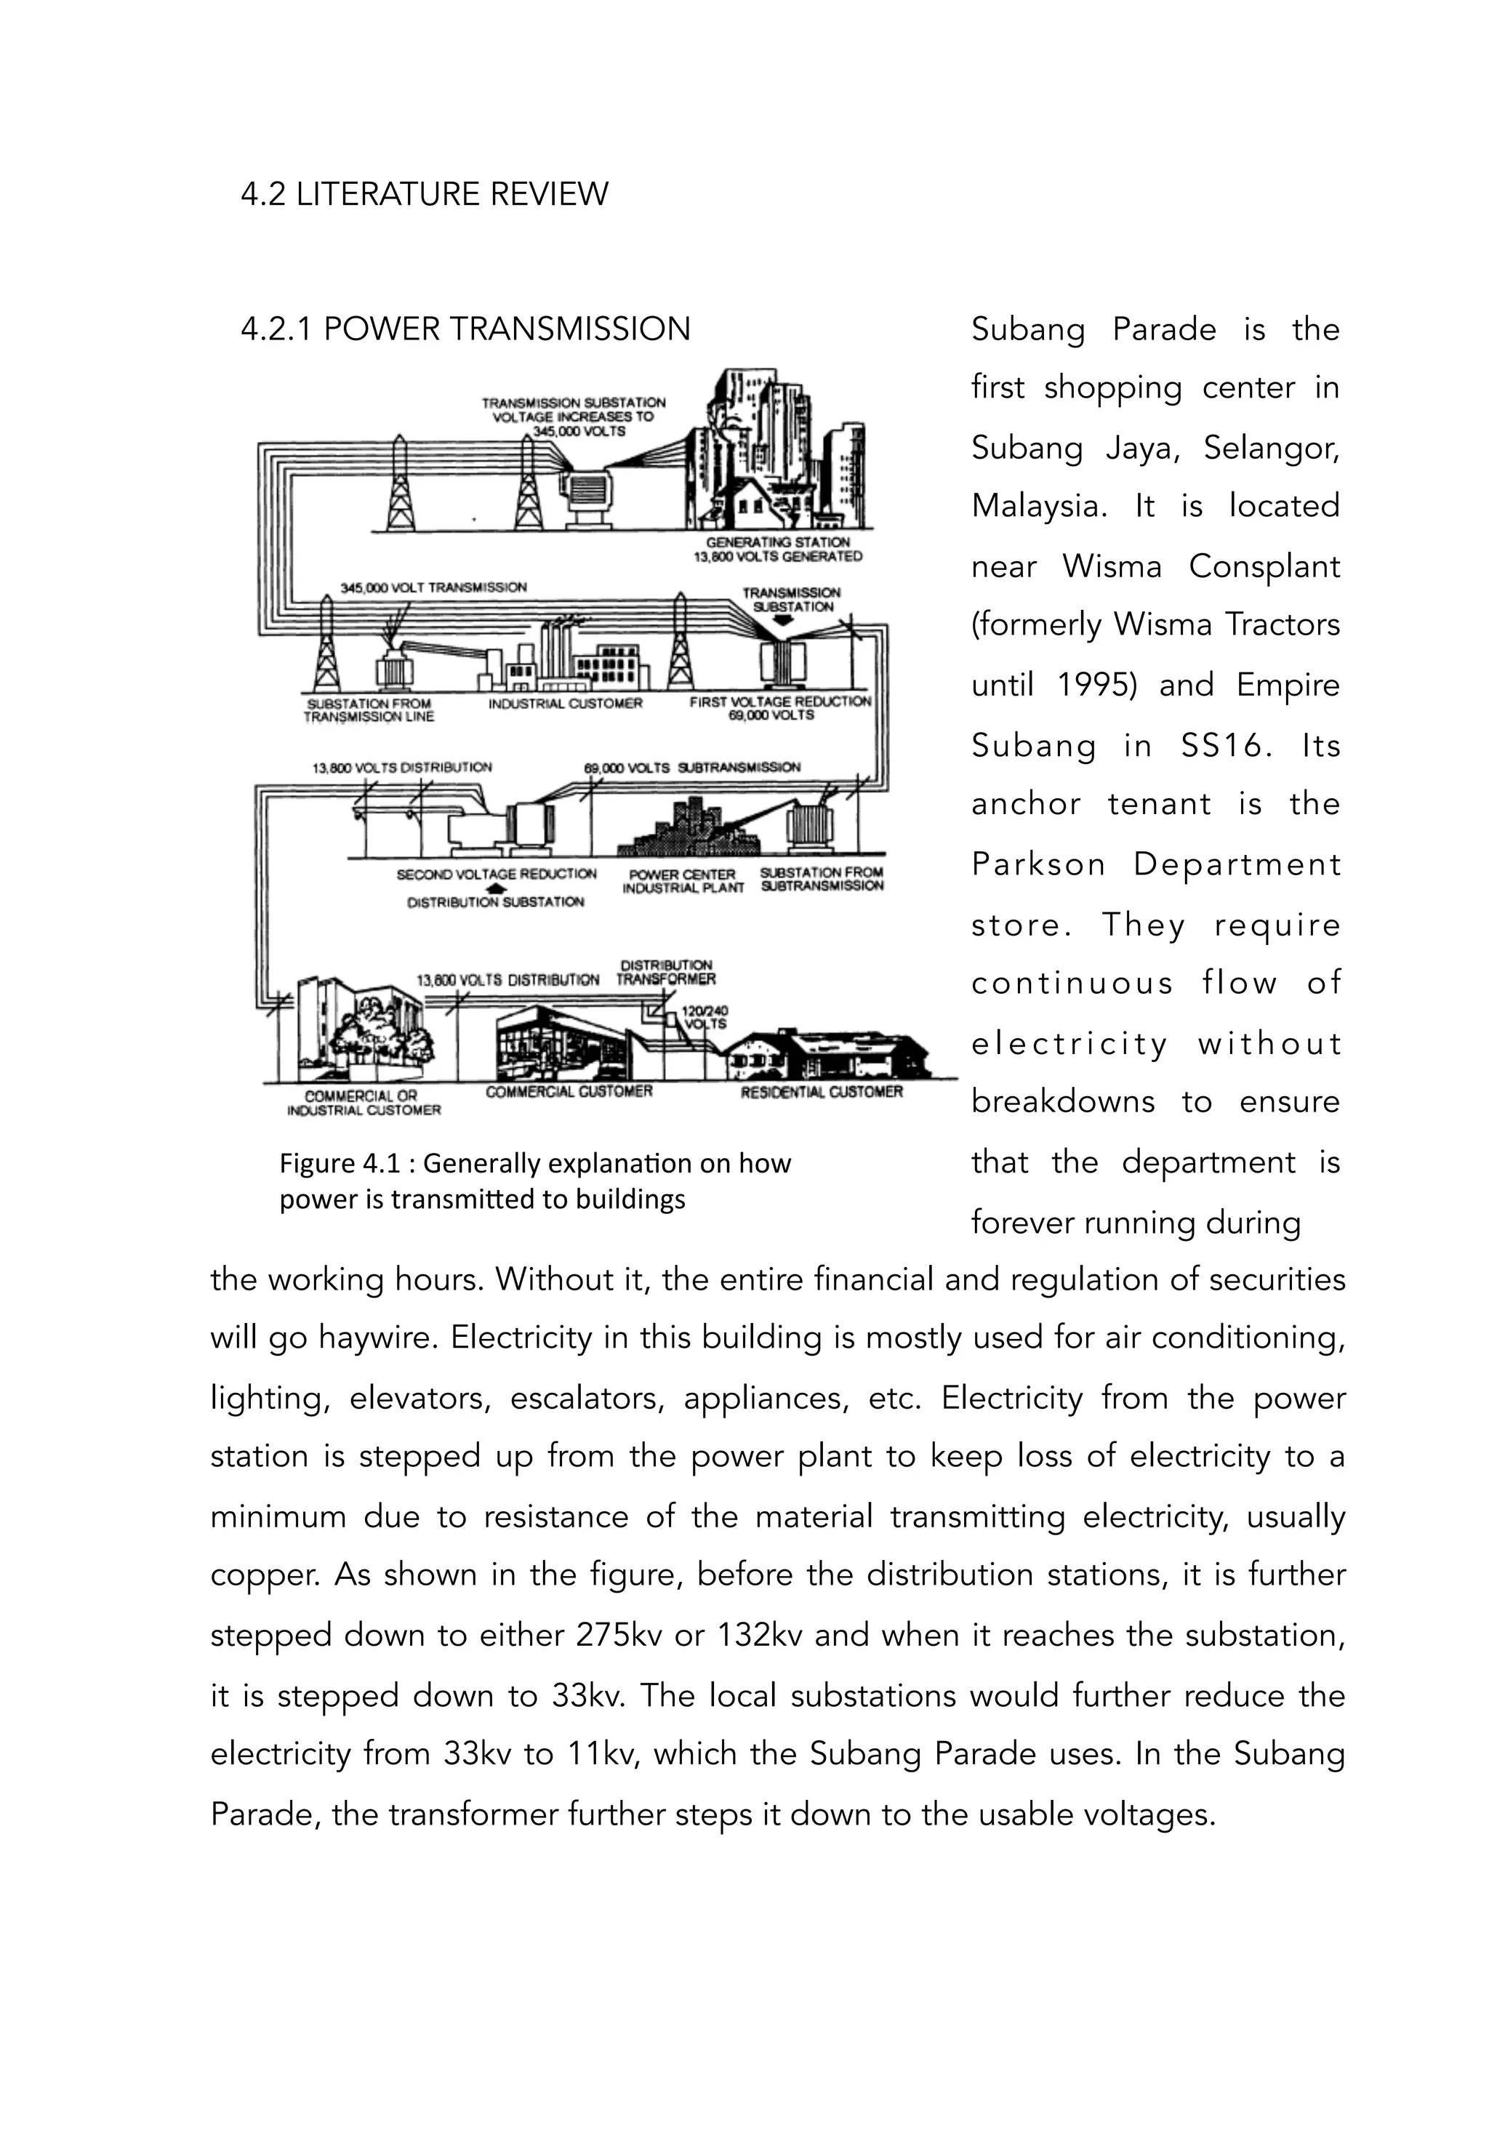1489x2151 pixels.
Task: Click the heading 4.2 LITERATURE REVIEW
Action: (x=425, y=194)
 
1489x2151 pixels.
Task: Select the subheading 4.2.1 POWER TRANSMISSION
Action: (x=465, y=329)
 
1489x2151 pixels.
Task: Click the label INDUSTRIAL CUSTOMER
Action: (x=566, y=704)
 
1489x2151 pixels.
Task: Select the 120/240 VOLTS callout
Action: (x=705, y=1017)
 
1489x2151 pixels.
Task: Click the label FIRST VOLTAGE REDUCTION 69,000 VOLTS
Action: (x=780, y=708)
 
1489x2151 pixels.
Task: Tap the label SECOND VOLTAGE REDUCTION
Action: (x=497, y=874)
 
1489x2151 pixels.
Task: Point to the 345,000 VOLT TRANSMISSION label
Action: (x=434, y=587)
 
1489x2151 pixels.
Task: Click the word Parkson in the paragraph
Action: (x=1038, y=865)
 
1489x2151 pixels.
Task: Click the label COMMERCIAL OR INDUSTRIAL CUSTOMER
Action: (x=363, y=1103)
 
